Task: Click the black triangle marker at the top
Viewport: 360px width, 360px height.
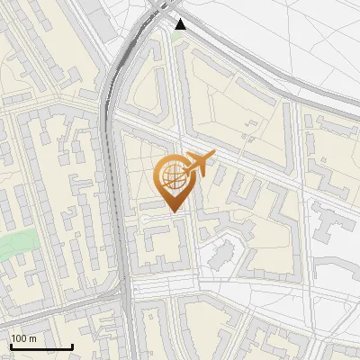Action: [x=181, y=24]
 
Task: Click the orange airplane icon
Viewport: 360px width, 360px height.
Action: [x=200, y=163]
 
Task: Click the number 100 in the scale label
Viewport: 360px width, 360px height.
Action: [x=19, y=338]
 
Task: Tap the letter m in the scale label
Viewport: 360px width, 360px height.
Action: [x=32, y=338]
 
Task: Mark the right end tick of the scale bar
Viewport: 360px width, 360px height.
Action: [x=72, y=346]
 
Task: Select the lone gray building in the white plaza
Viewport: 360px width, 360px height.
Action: [x=218, y=256]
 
